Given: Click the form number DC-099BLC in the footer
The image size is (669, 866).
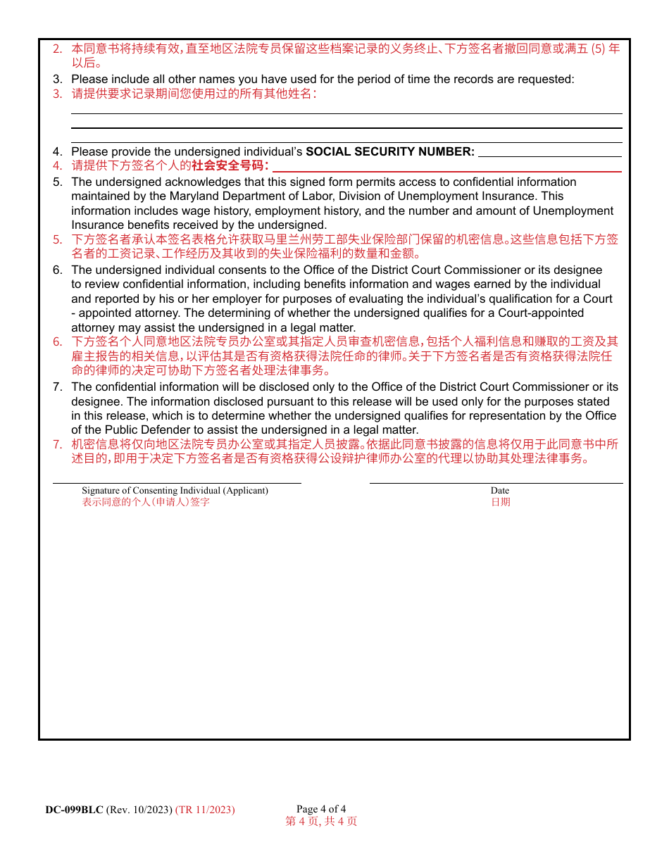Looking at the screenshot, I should coord(74,810).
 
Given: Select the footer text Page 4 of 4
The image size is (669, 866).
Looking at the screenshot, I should coord(321,809).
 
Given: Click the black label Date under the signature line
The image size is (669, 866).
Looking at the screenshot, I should coord(500,491).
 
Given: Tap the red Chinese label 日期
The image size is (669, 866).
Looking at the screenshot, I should coord(501,502).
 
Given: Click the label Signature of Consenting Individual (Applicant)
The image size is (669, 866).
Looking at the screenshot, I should coord(175,491).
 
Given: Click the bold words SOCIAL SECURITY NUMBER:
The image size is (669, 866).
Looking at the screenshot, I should coord(390,151).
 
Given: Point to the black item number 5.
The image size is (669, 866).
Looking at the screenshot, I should coord(58,182).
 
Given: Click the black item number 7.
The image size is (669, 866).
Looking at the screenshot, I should coord(58,387).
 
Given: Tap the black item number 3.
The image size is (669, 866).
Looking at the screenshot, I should coord(58,79).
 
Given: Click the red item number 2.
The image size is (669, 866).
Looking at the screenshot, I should coord(58,49).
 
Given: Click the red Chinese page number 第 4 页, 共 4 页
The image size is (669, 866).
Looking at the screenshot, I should coord(321,821).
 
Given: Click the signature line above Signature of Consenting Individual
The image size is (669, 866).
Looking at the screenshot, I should coord(177,483).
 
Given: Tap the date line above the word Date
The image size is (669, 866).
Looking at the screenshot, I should coord(496,483).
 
